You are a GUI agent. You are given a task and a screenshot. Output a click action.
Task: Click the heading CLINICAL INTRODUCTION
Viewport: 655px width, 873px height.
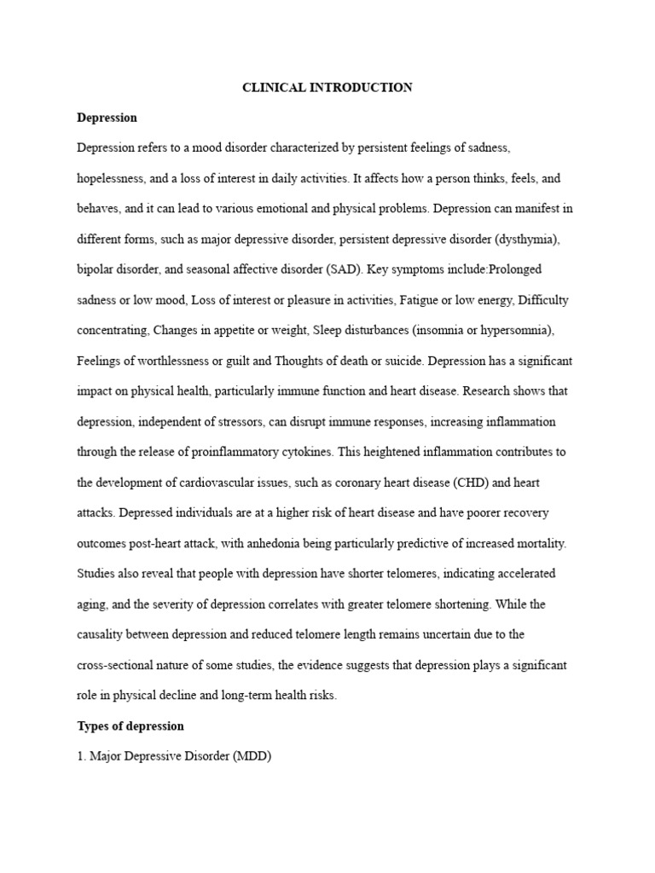[x=327, y=88]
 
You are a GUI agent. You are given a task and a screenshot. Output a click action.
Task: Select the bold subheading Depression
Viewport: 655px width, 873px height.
[x=107, y=118]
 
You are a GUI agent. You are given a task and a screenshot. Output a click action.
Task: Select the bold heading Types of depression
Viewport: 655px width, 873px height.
[x=130, y=726]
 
